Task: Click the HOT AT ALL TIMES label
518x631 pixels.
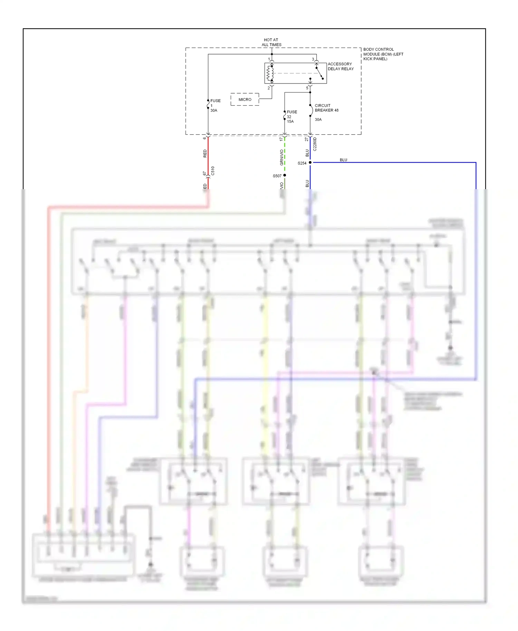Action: coord(271,42)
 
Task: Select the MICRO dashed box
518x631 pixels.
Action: coord(245,99)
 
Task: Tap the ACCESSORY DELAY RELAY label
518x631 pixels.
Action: coord(340,66)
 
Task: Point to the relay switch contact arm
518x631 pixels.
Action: coord(319,73)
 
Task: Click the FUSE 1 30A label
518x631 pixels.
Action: coord(215,106)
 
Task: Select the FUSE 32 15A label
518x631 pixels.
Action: coord(291,117)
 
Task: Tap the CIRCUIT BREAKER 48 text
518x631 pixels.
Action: coord(326,108)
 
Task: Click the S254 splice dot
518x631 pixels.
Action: coord(310,162)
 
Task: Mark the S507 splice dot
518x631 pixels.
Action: coord(285,175)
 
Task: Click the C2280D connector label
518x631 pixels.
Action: coord(315,144)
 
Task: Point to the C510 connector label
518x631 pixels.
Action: coord(213,171)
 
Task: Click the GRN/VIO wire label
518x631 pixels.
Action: coord(281,157)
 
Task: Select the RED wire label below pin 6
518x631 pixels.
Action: coord(205,154)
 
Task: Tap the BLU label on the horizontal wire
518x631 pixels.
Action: coord(343,160)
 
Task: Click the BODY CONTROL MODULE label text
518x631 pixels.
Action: coord(383,54)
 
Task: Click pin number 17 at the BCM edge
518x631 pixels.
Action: coord(281,139)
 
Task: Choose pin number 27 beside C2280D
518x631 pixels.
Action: coord(306,139)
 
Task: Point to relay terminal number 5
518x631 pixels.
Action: coord(307,88)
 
